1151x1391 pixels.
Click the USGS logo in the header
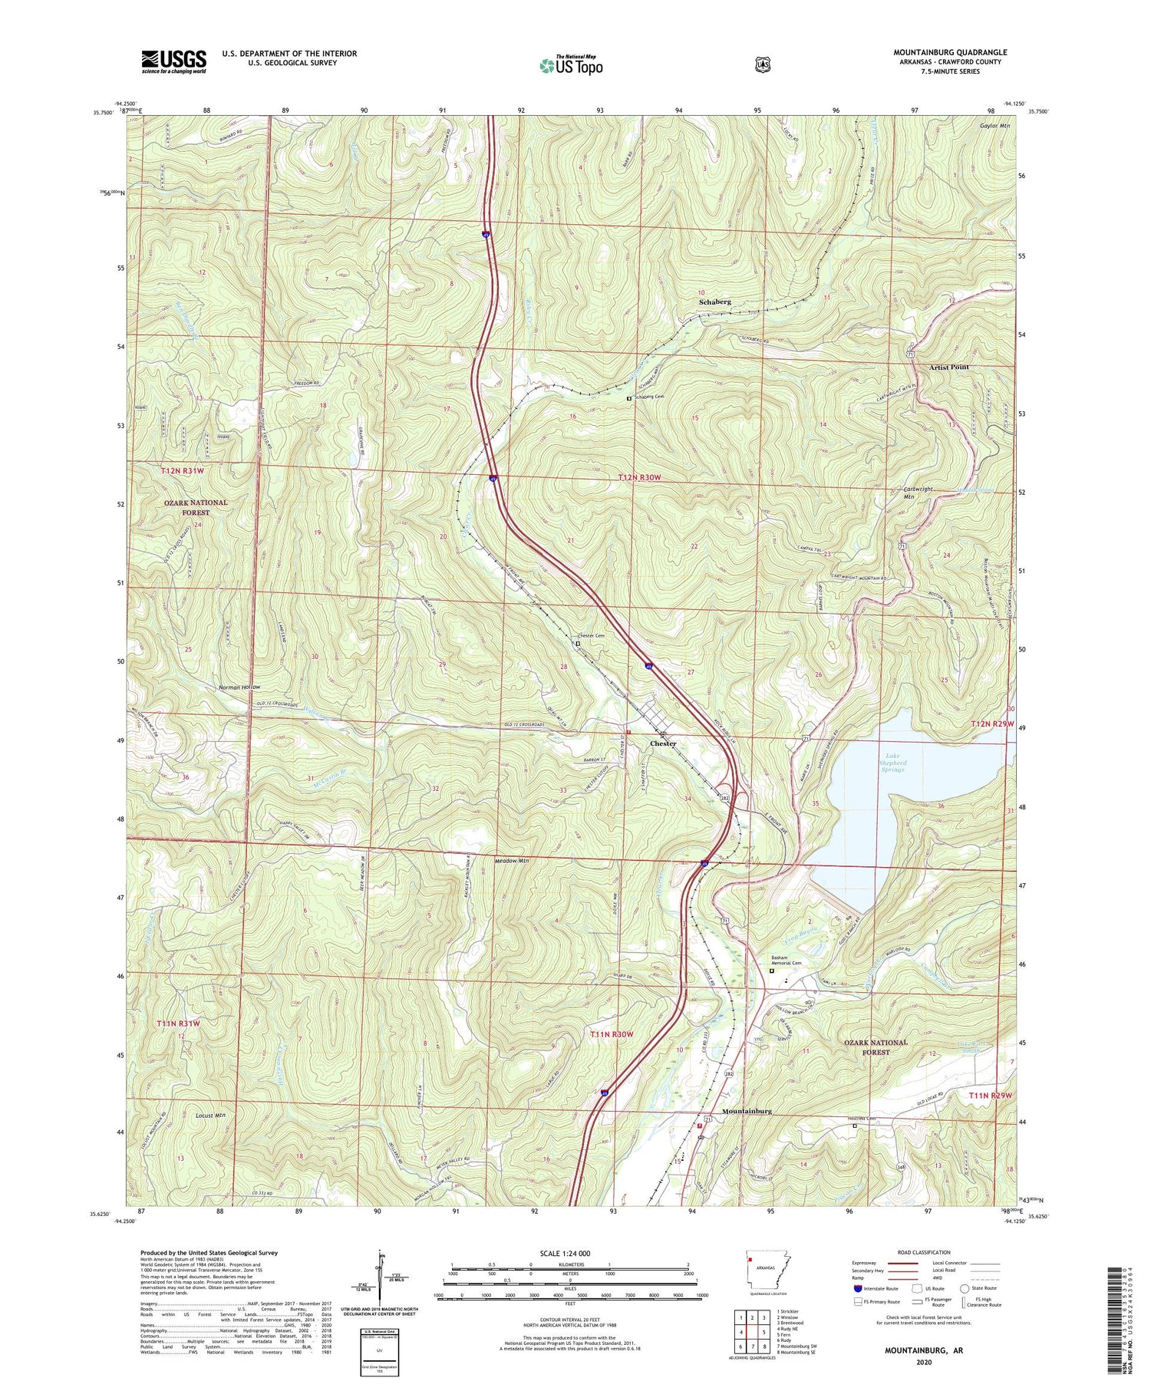[173, 61]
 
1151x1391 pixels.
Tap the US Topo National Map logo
[572, 65]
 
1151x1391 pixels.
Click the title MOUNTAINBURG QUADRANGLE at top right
[950, 52]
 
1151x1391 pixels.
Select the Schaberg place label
[714, 302]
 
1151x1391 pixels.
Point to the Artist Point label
[949, 368]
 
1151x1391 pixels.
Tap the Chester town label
[663, 743]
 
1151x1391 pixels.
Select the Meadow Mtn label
[512, 861]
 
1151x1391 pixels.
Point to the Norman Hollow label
[239, 687]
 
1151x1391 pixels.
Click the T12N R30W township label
[638, 478]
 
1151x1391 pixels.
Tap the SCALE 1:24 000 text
[569, 1254]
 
